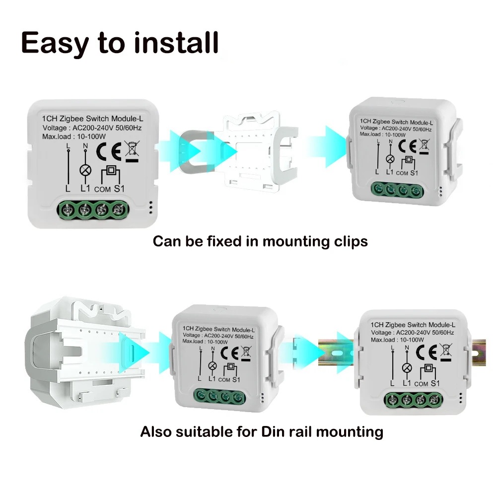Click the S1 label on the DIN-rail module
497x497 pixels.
click(435, 383)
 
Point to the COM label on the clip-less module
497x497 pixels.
click(102, 189)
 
